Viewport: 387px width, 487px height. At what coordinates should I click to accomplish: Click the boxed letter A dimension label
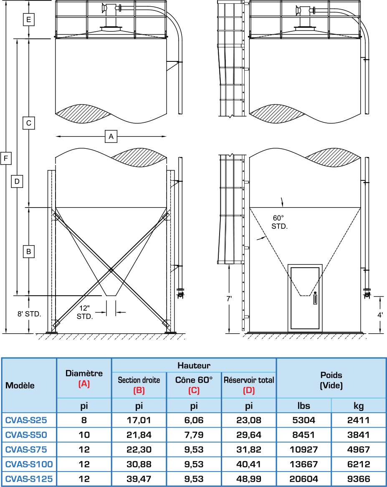[x=111, y=136]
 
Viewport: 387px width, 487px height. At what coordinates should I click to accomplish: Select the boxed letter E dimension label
[x=28, y=20]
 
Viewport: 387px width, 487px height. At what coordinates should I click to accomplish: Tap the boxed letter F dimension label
[x=6, y=158]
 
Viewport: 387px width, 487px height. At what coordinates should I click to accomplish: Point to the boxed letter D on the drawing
[x=17, y=181]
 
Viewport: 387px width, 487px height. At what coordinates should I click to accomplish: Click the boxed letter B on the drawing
[x=28, y=252]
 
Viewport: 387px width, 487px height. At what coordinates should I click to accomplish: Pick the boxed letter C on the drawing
[x=28, y=123]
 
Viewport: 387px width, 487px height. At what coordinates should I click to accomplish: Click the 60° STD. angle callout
[x=278, y=222]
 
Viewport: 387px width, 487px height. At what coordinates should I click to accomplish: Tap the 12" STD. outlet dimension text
[x=84, y=312]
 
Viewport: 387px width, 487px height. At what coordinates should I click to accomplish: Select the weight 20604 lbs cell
[x=304, y=479]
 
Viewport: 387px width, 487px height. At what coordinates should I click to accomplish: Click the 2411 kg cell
[x=358, y=420]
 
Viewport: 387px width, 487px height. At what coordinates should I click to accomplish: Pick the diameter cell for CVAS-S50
[x=84, y=435]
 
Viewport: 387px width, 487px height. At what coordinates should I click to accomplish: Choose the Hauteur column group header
[x=194, y=365]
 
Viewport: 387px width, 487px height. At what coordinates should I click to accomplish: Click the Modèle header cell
[x=20, y=385]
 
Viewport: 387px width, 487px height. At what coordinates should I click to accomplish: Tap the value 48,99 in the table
[x=248, y=479]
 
